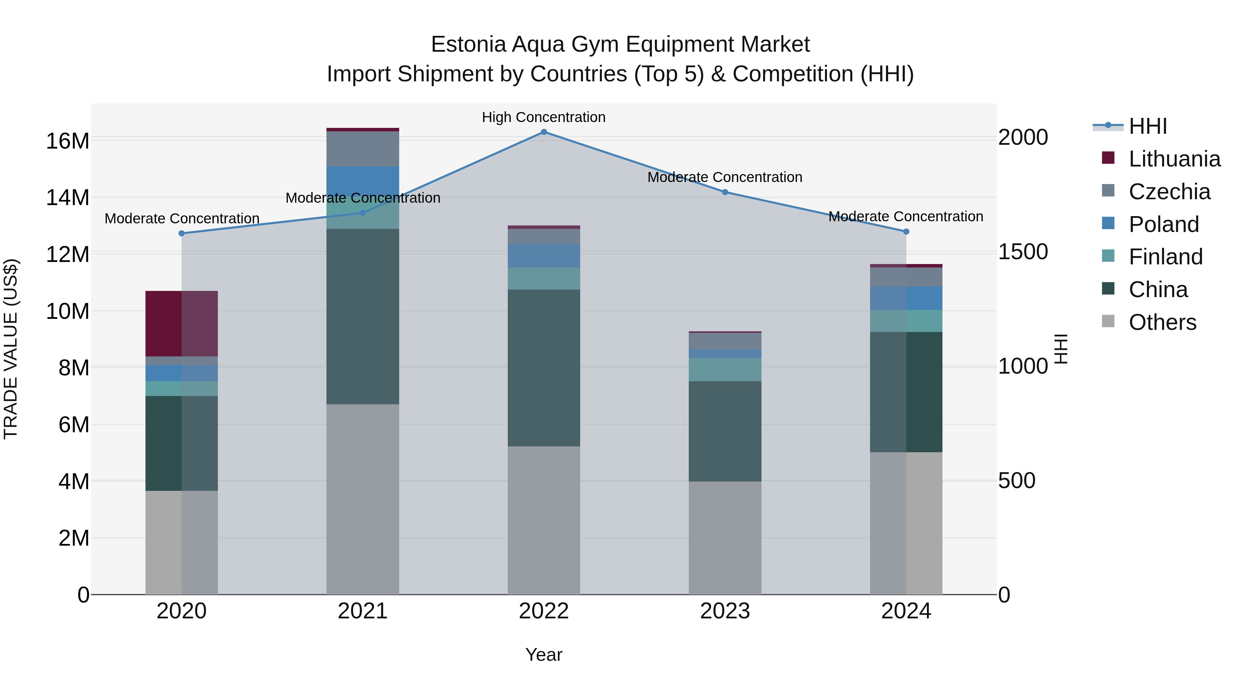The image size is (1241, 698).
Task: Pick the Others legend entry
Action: pos(1162,322)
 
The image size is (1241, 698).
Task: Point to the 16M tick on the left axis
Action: pos(68,141)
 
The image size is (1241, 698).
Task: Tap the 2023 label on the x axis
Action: pos(725,611)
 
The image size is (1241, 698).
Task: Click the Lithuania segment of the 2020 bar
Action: pos(182,324)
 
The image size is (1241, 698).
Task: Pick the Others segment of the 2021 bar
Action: pos(362,499)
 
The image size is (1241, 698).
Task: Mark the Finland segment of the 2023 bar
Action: pos(725,370)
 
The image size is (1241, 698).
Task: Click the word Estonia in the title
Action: pos(468,44)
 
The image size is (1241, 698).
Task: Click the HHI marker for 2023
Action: pos(725,192)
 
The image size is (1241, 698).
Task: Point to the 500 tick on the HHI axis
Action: pos(1017,481)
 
